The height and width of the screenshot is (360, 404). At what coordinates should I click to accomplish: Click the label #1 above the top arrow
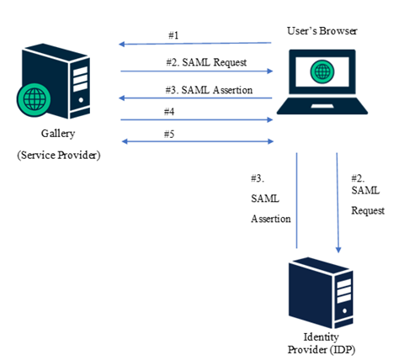174,36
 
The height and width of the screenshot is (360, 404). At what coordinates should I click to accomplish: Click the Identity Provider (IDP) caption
322,341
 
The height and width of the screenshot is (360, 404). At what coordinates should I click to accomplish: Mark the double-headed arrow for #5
197,142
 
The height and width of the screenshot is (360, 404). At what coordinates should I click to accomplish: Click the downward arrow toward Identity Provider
338,202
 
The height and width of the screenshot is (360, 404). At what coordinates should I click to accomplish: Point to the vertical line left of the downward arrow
296,202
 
